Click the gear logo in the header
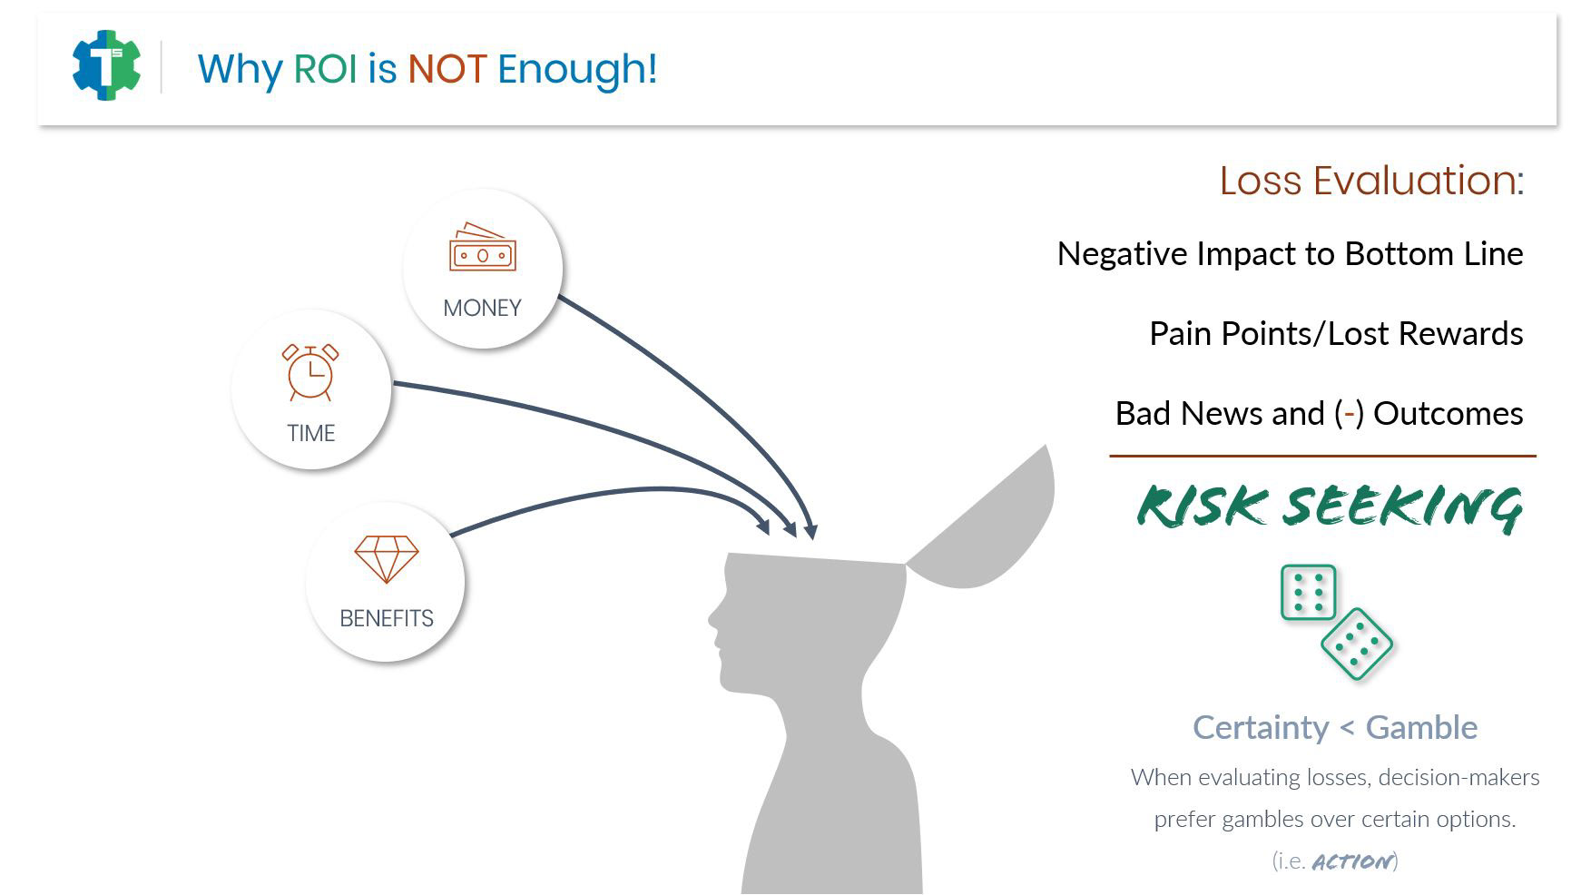point(106,65)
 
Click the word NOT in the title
point(447,69)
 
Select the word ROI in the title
point(325,69)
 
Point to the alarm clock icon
point(310,372)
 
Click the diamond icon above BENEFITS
point(386,558)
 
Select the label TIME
point(311,433)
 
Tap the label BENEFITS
point(387,618)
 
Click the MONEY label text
point(482,308)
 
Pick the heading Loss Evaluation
point(1371,181)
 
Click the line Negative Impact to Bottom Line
point(1290,254)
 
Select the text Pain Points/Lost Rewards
point(1336,334)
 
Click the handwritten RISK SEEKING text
point(1330,507)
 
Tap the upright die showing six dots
point(1308,593)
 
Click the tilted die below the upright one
point(1357,644)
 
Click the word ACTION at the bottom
point(1352,861)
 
